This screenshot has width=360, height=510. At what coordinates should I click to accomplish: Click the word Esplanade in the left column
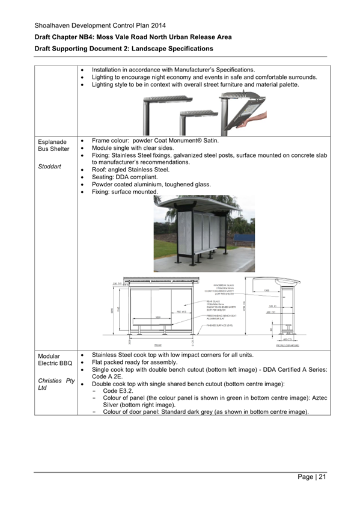52,142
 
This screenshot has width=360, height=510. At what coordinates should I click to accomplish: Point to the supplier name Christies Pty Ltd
55,384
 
